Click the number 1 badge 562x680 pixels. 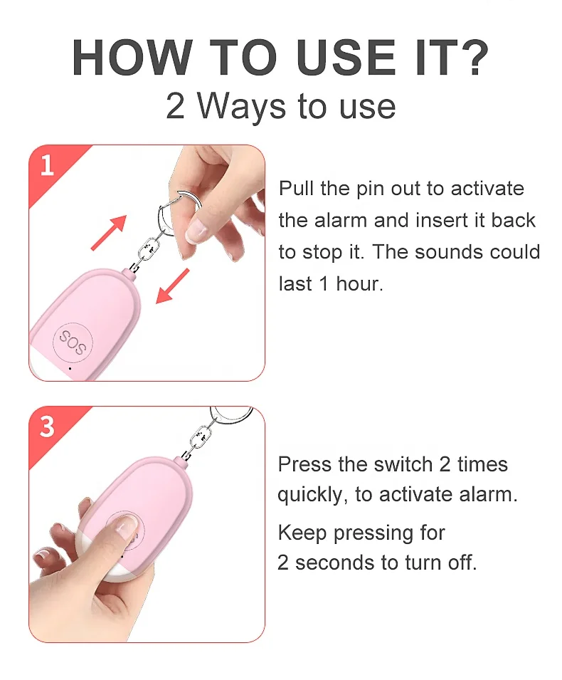47,166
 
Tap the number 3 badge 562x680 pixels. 47,427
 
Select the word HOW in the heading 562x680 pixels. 132,58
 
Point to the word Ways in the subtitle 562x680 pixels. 242,107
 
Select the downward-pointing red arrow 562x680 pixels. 172,286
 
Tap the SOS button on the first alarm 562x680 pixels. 73,342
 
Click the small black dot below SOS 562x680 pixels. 70,369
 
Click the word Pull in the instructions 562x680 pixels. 296,189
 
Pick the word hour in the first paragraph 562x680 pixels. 359,284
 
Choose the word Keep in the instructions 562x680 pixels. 302,533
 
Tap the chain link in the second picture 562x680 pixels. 201,438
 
